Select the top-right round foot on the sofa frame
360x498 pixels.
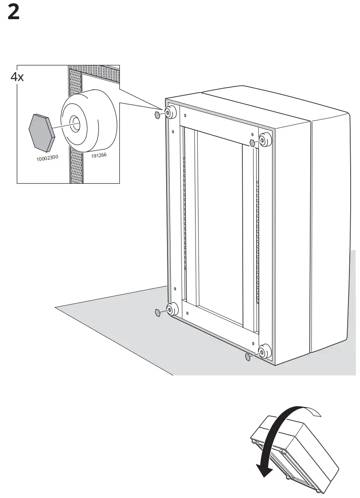(264, 139)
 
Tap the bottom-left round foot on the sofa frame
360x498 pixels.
(172, 309)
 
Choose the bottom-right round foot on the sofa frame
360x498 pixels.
(265, 352)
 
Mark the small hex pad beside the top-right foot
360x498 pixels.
(252, 142)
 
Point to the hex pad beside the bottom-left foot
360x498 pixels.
(158, 313)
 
